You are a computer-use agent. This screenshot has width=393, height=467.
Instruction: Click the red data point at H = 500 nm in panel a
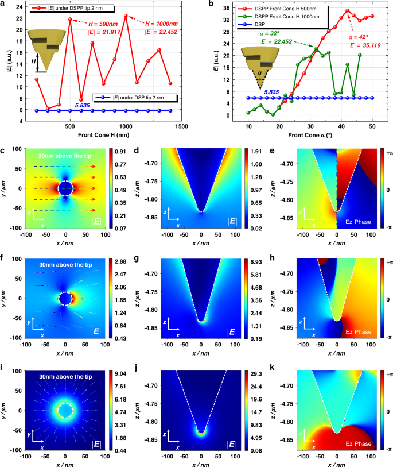click(x=70, y=20)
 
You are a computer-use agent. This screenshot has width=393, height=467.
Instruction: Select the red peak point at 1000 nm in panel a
click(x=126, y=16)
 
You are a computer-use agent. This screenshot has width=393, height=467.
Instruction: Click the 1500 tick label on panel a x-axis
click(x=182, y=125)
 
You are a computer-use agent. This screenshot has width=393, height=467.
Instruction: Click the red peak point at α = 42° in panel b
click(x=347, y=10)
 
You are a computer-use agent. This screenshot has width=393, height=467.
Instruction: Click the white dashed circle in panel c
click(x=65, y=188)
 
